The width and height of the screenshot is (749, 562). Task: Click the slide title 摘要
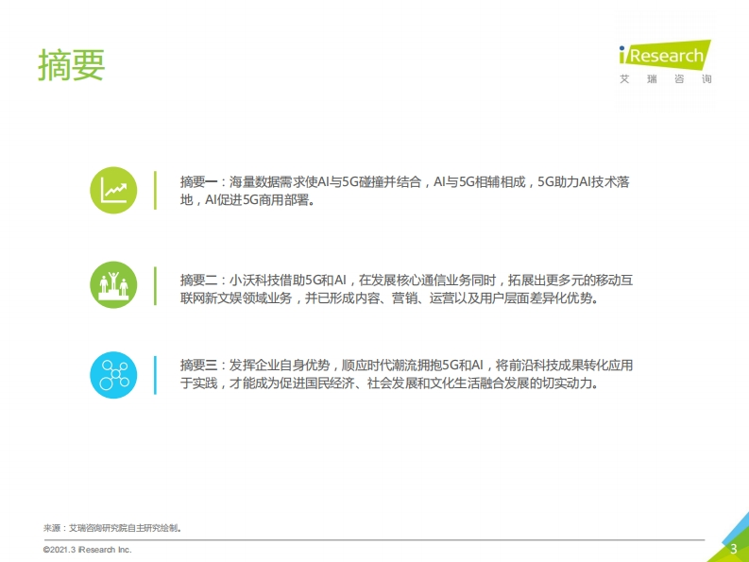click(72, 64)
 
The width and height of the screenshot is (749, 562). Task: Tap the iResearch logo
click(665, 55)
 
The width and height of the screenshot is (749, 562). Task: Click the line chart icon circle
click(113, 190)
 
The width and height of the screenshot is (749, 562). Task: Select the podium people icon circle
click(113, 285)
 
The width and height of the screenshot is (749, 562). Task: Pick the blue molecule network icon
click(113, 375)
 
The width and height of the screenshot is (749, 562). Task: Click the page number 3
click(734, 549)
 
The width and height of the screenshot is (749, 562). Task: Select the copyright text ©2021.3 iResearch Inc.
click(88, 550)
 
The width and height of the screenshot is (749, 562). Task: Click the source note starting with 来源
click(112, 528)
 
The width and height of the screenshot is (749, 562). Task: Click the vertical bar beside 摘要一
click(155, 190)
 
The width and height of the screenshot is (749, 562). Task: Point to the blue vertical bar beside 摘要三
click(155, 375)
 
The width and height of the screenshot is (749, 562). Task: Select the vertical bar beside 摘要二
click(155, 286)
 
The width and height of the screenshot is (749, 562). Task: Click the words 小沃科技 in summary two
click(254, 280)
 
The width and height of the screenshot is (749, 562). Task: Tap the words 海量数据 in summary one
click(254, 182)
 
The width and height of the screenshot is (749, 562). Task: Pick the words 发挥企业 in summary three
click(254, 366)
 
